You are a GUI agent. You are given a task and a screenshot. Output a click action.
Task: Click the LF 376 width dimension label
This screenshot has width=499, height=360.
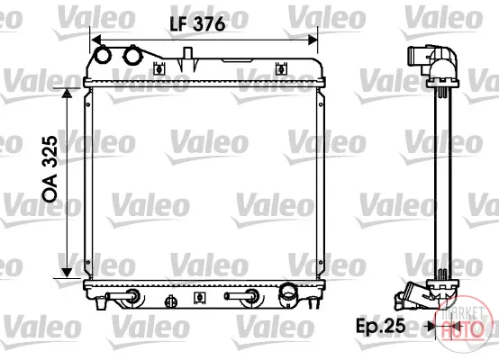click(197, 24)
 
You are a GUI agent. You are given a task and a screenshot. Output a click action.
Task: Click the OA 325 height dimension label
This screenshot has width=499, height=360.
click(50, 169)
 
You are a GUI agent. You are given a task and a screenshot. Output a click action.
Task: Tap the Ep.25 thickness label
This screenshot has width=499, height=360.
click(381, 326)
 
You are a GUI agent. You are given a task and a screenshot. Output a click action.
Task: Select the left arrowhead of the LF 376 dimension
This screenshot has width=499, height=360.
click(95, 40)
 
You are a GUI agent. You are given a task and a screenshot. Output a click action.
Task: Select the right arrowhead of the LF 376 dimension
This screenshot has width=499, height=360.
click(313, 40)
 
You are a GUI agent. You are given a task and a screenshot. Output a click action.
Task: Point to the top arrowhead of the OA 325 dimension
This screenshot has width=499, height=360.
click(67, 93)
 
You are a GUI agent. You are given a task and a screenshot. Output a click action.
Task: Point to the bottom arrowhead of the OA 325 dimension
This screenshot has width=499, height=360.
click(67, 273)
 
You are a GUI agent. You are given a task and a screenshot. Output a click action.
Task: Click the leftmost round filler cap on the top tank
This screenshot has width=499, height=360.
click(103, 55)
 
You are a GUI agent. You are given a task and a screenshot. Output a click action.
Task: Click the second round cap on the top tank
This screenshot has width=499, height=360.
click(132, 55)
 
